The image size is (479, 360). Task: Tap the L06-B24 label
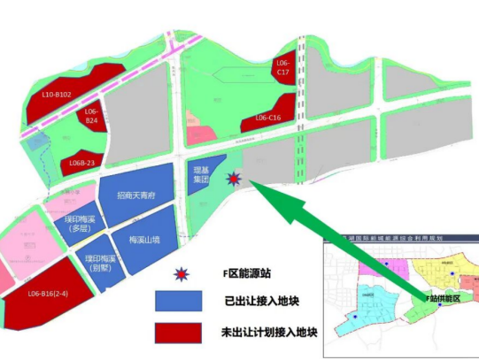(x=92, y=117)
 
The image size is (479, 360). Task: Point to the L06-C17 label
(x=283, y=67)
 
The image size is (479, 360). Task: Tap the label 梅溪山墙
(x=143, y=239)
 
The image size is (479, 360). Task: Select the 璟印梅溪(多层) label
(x=80, y=222)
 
